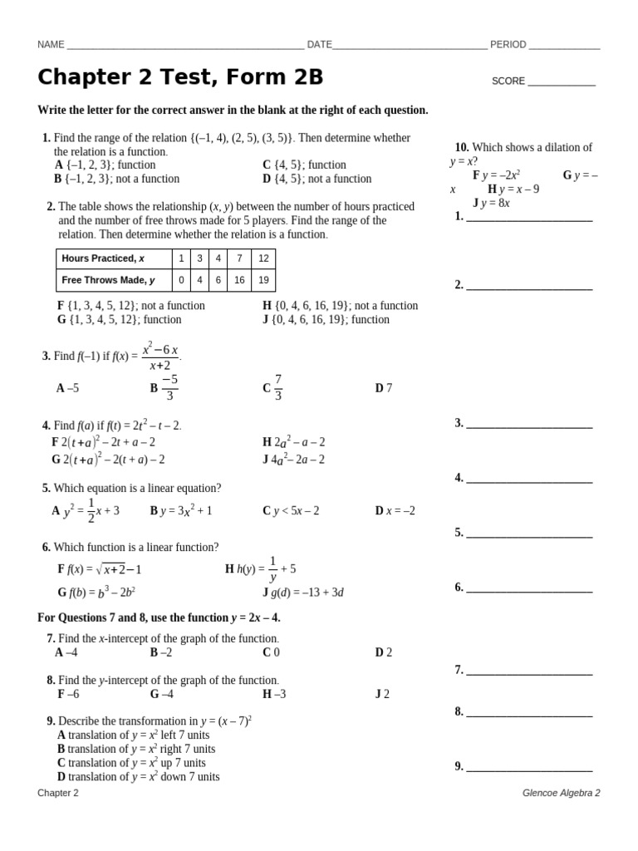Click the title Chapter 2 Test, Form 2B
click(180, 77)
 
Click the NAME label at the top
click(51, 45)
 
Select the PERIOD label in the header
click(508, 45)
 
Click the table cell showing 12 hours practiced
click(263, 258)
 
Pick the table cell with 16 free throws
click(239, 280)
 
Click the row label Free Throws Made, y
click(108, 280)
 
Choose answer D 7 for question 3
click(383, 388)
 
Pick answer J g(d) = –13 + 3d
click(303, 593)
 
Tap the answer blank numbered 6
click(529, 588)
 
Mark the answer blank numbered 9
click(529, 767)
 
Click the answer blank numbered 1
click(529, 217)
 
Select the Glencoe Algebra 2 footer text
click(561, 793)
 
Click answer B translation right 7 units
click(135, 749)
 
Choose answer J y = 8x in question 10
click(491, 202)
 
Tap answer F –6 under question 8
click(68, 694)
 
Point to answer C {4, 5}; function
click(304, 165)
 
